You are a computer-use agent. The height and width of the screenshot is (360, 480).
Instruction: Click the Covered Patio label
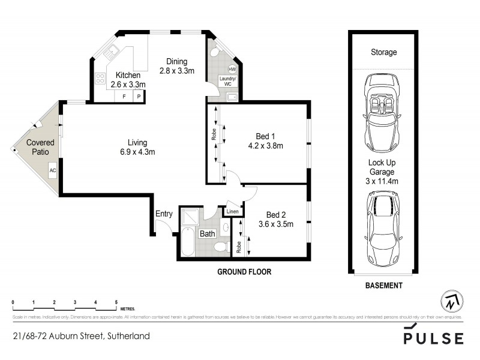click(x=40, y=147)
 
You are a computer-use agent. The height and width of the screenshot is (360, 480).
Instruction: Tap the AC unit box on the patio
click(x=52, y=170)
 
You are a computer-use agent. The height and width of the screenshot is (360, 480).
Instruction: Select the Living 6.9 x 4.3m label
click(x=137, y=147)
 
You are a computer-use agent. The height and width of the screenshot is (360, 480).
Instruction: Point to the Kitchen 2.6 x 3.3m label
click(x=128, y=80)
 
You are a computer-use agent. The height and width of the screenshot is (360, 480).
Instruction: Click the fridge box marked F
click(x=124, y=96)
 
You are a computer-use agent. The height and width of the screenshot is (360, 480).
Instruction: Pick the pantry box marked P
click(x=139, y=96)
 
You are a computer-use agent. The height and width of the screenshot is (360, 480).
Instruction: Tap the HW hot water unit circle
click(x=232, y=70)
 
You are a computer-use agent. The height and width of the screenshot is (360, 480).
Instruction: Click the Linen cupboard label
click(x=233, y=211)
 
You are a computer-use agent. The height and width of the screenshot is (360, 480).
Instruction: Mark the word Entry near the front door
click(x=164, y=214)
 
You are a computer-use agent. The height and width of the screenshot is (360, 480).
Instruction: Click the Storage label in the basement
click(x=383, y=52)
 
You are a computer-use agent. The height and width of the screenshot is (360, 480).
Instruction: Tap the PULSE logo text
click(x=433, y=338)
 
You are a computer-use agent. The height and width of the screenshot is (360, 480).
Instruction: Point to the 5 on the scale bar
click(x=116, y=302)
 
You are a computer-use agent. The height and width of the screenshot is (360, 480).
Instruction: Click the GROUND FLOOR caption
click(x=244, y=272)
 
